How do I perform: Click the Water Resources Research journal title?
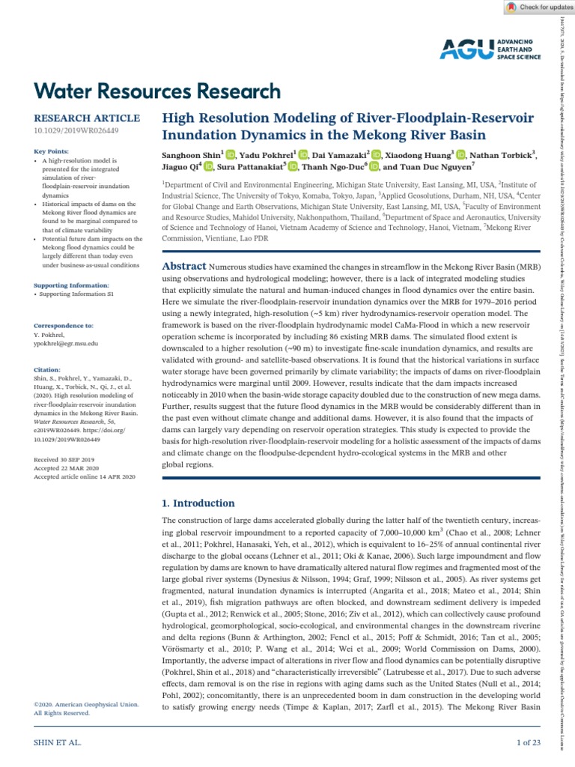coord(158,92)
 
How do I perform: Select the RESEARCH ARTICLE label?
coord(87,118)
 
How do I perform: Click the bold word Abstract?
coord(184,267)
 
